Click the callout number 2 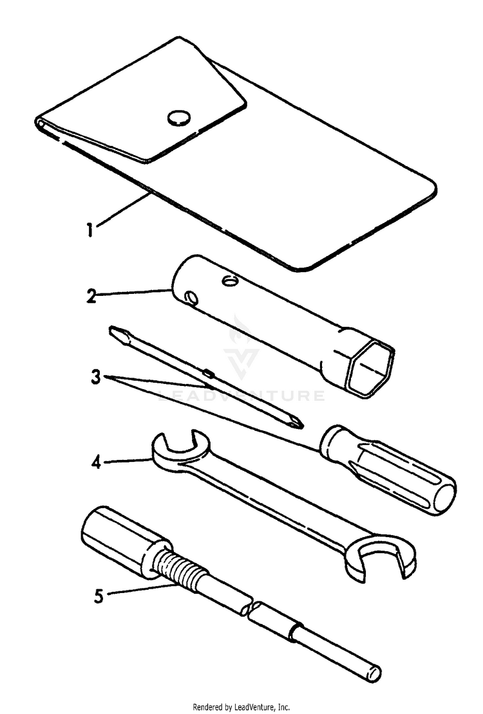(92, 297)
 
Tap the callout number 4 (95, 462)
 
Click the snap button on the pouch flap (179, 117)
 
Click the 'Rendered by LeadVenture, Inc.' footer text (241, 706)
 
